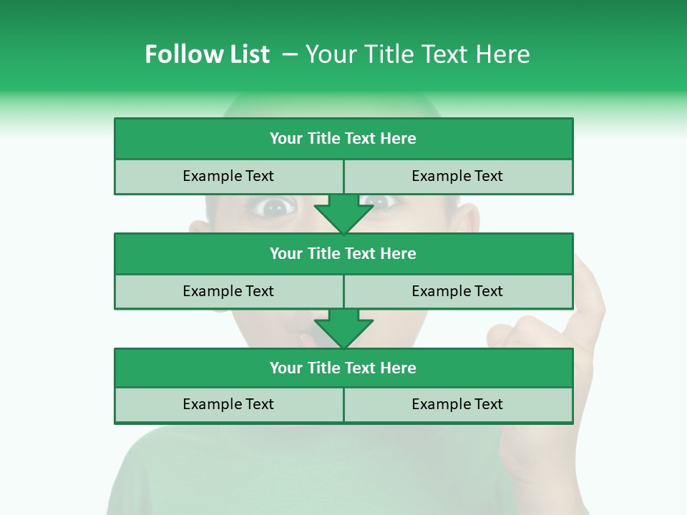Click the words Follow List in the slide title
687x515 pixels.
[207, 54]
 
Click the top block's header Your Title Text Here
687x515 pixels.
[343, 139]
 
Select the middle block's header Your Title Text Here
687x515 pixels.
[343, 253]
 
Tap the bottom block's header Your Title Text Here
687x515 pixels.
[343, 368]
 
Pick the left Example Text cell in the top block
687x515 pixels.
[228, 176]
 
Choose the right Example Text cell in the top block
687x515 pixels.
[457, 176]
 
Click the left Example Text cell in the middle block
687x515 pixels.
[228, 291]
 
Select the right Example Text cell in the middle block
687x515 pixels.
[457, 291]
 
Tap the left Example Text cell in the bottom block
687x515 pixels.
[228, 404]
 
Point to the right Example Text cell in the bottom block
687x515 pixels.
[457, 404]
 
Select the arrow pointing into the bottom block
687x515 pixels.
[343, 328]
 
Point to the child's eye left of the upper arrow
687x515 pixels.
[275, 207]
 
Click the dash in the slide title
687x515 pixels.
[290, 54]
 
